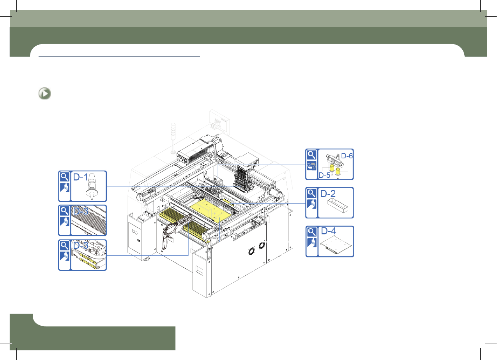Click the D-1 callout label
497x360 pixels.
[x=80, y=177]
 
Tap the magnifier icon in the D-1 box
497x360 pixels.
[x=64, y=177]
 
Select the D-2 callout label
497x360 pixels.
[x=328, y=194]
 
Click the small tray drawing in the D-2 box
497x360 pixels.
[x=338, y=206]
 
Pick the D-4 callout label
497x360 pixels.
[x=329, y=231]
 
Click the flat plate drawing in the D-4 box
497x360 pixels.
[x=336, y=245]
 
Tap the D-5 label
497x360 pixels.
[x=324, y=176]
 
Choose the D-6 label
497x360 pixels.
[x=347, y=156]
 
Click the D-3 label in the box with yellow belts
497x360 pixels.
[x=81, y=245]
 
